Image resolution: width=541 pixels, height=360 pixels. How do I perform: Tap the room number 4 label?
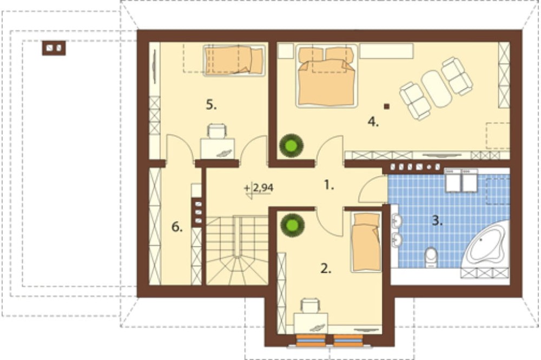click(x=373, y=122)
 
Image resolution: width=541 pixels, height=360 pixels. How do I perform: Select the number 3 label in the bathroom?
click(x=437, y=221)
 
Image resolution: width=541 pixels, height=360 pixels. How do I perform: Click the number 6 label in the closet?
click(x=177, y=227)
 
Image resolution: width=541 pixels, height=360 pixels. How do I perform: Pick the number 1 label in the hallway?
click(x=329, y=185)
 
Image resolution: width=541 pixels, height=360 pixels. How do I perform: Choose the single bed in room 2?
click(x=366, y=242)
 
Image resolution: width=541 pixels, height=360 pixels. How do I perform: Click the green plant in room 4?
click(x=292, y=146)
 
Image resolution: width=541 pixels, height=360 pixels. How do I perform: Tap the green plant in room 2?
click(x=293, y=225)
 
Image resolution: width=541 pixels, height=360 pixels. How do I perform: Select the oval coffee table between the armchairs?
click(x=436, y=89)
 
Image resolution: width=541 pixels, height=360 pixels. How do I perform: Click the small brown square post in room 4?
click(x=387, y=106)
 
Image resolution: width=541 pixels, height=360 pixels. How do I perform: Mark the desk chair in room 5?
click(x=217, y=131)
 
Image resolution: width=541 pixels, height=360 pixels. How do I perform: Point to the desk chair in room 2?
click(x=310, y=305)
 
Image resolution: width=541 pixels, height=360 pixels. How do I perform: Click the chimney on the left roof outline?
click(x=54, y=48)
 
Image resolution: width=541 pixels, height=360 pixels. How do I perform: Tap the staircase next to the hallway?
click(x=237, y=250)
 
